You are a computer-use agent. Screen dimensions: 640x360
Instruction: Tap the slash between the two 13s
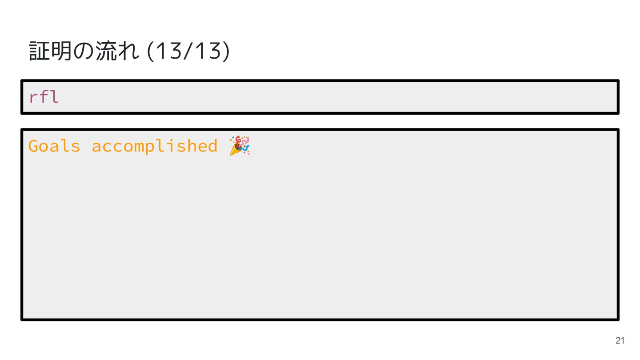point(186,52)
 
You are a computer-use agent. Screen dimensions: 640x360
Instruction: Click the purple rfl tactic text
point(44,97)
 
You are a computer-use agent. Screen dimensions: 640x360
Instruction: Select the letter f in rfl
point(44,97)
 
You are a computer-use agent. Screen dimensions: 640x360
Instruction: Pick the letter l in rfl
point(54,97)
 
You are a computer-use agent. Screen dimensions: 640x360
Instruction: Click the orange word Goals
point(54,146)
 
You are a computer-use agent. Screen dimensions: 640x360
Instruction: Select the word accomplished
point(155,146)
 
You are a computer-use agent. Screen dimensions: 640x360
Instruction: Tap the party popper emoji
point(240,146)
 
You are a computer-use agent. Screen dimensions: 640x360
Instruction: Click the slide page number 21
point(620,341)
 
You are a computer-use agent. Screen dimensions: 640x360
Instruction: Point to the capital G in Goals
point(33,146)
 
